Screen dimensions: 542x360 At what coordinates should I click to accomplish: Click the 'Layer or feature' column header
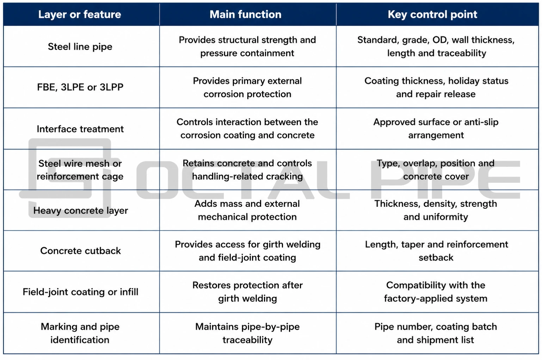pyautogui.click(x=80, y=14)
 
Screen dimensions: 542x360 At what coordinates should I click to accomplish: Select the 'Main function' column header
pyautogui.click(x=246, y=14)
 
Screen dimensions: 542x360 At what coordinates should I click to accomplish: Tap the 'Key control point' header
pyautogui.click(x=432, y=14)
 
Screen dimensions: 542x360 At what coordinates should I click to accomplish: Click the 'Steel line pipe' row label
pyautogui.click(x=80, y=46)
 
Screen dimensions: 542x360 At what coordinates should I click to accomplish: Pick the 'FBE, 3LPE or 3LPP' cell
pyautogui.click(x=80, y=87)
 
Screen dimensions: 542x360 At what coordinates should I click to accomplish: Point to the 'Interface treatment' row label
pyautogui.click(x=80, y=129)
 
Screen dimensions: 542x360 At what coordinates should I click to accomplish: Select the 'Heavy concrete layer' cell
pyautogui.click(x=81, y=211)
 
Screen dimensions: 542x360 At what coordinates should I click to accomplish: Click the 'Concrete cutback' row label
pyautogui.click(x=80, y=251)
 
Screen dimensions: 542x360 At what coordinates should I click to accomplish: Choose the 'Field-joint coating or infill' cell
pyautogui.click(x=81, y=292)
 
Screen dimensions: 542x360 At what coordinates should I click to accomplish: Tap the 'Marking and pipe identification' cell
pyautogui.click(x=80, y=333)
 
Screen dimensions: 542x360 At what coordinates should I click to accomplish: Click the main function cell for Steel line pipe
pyautogui.click(x=247, y=46)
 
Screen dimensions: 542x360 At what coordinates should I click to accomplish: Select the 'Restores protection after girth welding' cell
pyautogui.click(x=247, y=292)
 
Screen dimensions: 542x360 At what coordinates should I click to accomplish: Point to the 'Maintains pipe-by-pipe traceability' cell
pyautogui.click(x=247, y=333)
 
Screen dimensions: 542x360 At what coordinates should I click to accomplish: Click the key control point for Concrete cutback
pyautogui.click(x=436, y=251)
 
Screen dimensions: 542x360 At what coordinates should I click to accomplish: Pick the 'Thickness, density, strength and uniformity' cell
pyautogui.click(x=436, y=210)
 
